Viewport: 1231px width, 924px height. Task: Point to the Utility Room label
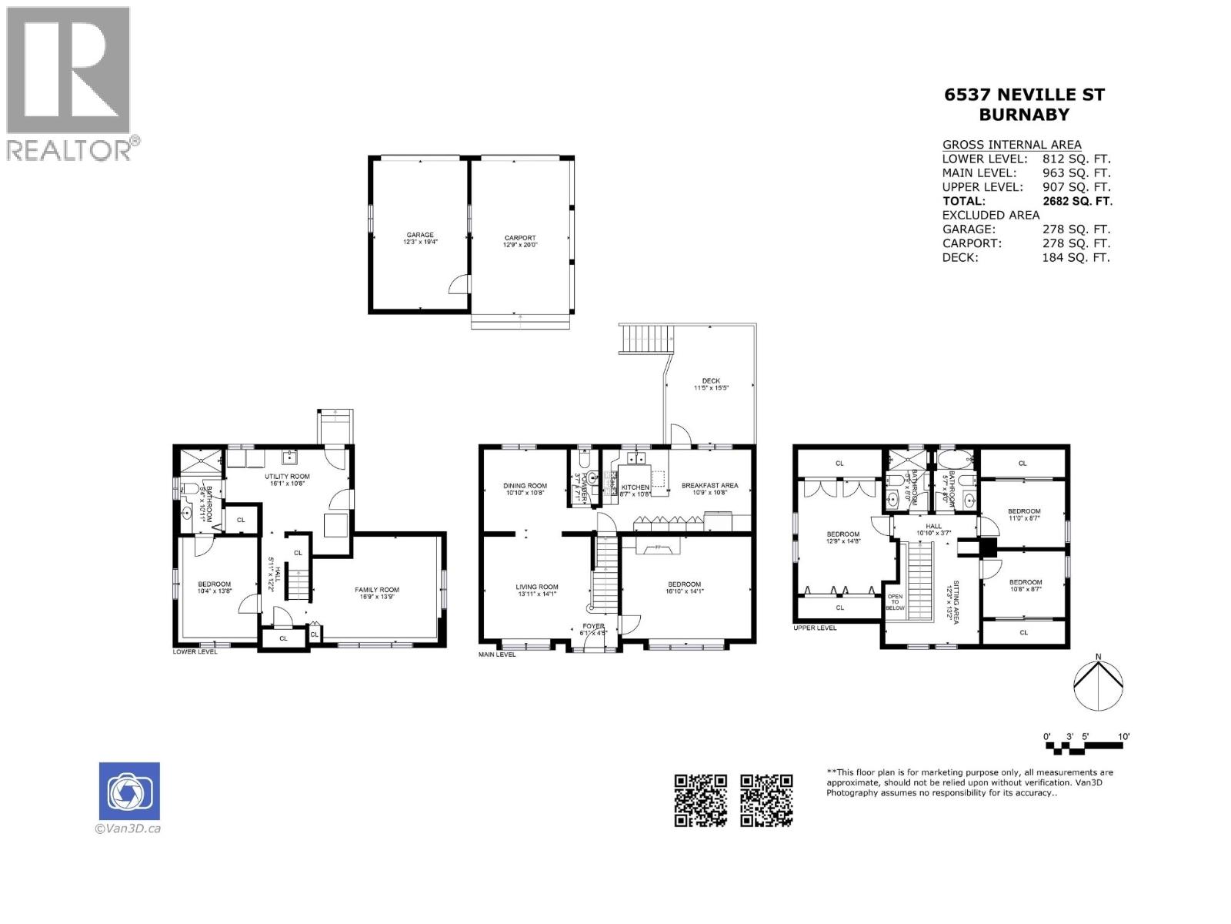click(288, 480)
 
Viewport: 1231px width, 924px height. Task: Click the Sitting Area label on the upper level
click(953, 601)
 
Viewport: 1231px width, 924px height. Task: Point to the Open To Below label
click(896, 601)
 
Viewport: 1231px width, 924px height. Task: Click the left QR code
click(700, 800)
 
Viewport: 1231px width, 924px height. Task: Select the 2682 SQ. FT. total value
click(1077, 201)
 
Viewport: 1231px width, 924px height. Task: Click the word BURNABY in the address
click(1024, 115)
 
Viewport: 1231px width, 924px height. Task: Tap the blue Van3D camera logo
click(129, 791)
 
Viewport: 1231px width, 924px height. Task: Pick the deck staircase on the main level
click(646, 339)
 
